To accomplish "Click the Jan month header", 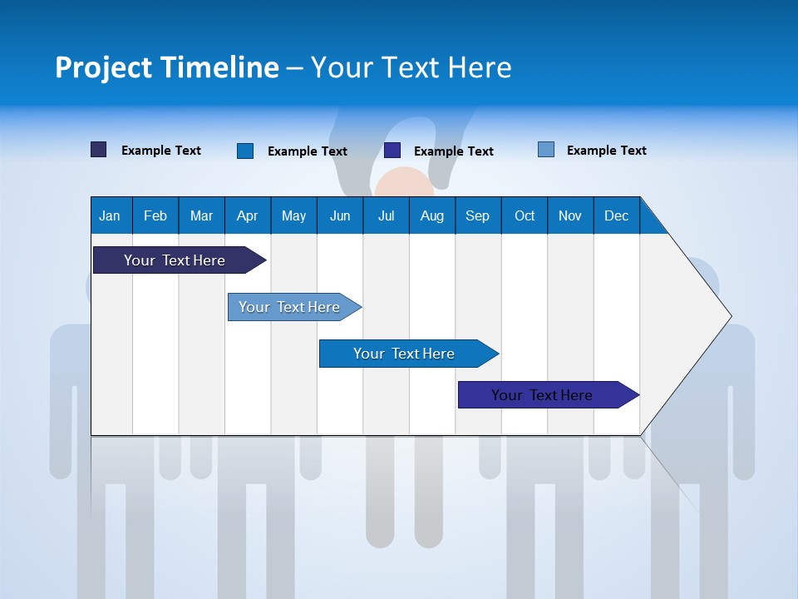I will click(110, 215).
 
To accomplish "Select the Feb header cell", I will click(155, 215).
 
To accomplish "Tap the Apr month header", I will click(247, 215).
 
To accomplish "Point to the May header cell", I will click(293, 215).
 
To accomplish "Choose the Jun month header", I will click(340, 215).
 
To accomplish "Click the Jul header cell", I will click(386, 215).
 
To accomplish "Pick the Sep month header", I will click(477, 215).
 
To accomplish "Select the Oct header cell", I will click(525, 215).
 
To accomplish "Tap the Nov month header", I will click(570, 215).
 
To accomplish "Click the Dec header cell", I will click(616, 215).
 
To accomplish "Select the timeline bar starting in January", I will click(175, 260).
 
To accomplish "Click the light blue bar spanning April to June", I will click(289, 307).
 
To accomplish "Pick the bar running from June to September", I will click(404, 354).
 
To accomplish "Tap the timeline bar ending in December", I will click(542, 395).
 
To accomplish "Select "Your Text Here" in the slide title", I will click(411, 67).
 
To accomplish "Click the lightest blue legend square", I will click(546, 150).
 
